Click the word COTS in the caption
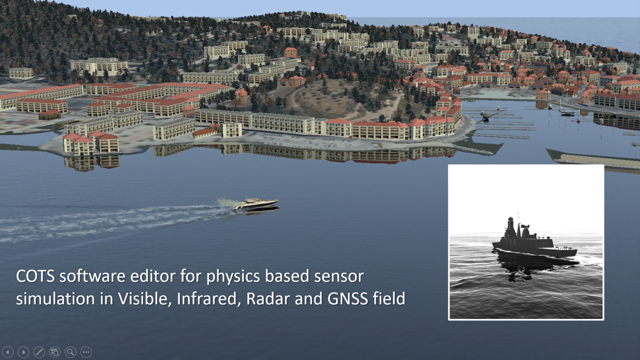(x=35, y=276)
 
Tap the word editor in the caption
(x=153, y=276)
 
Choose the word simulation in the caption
(x=55, y=299)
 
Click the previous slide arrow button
(x=8, y=352)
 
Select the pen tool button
(x=39, y=352)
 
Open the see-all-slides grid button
(x=55, y=352)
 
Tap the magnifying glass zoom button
(x=70, y=352)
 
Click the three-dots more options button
(x=86, y=352)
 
